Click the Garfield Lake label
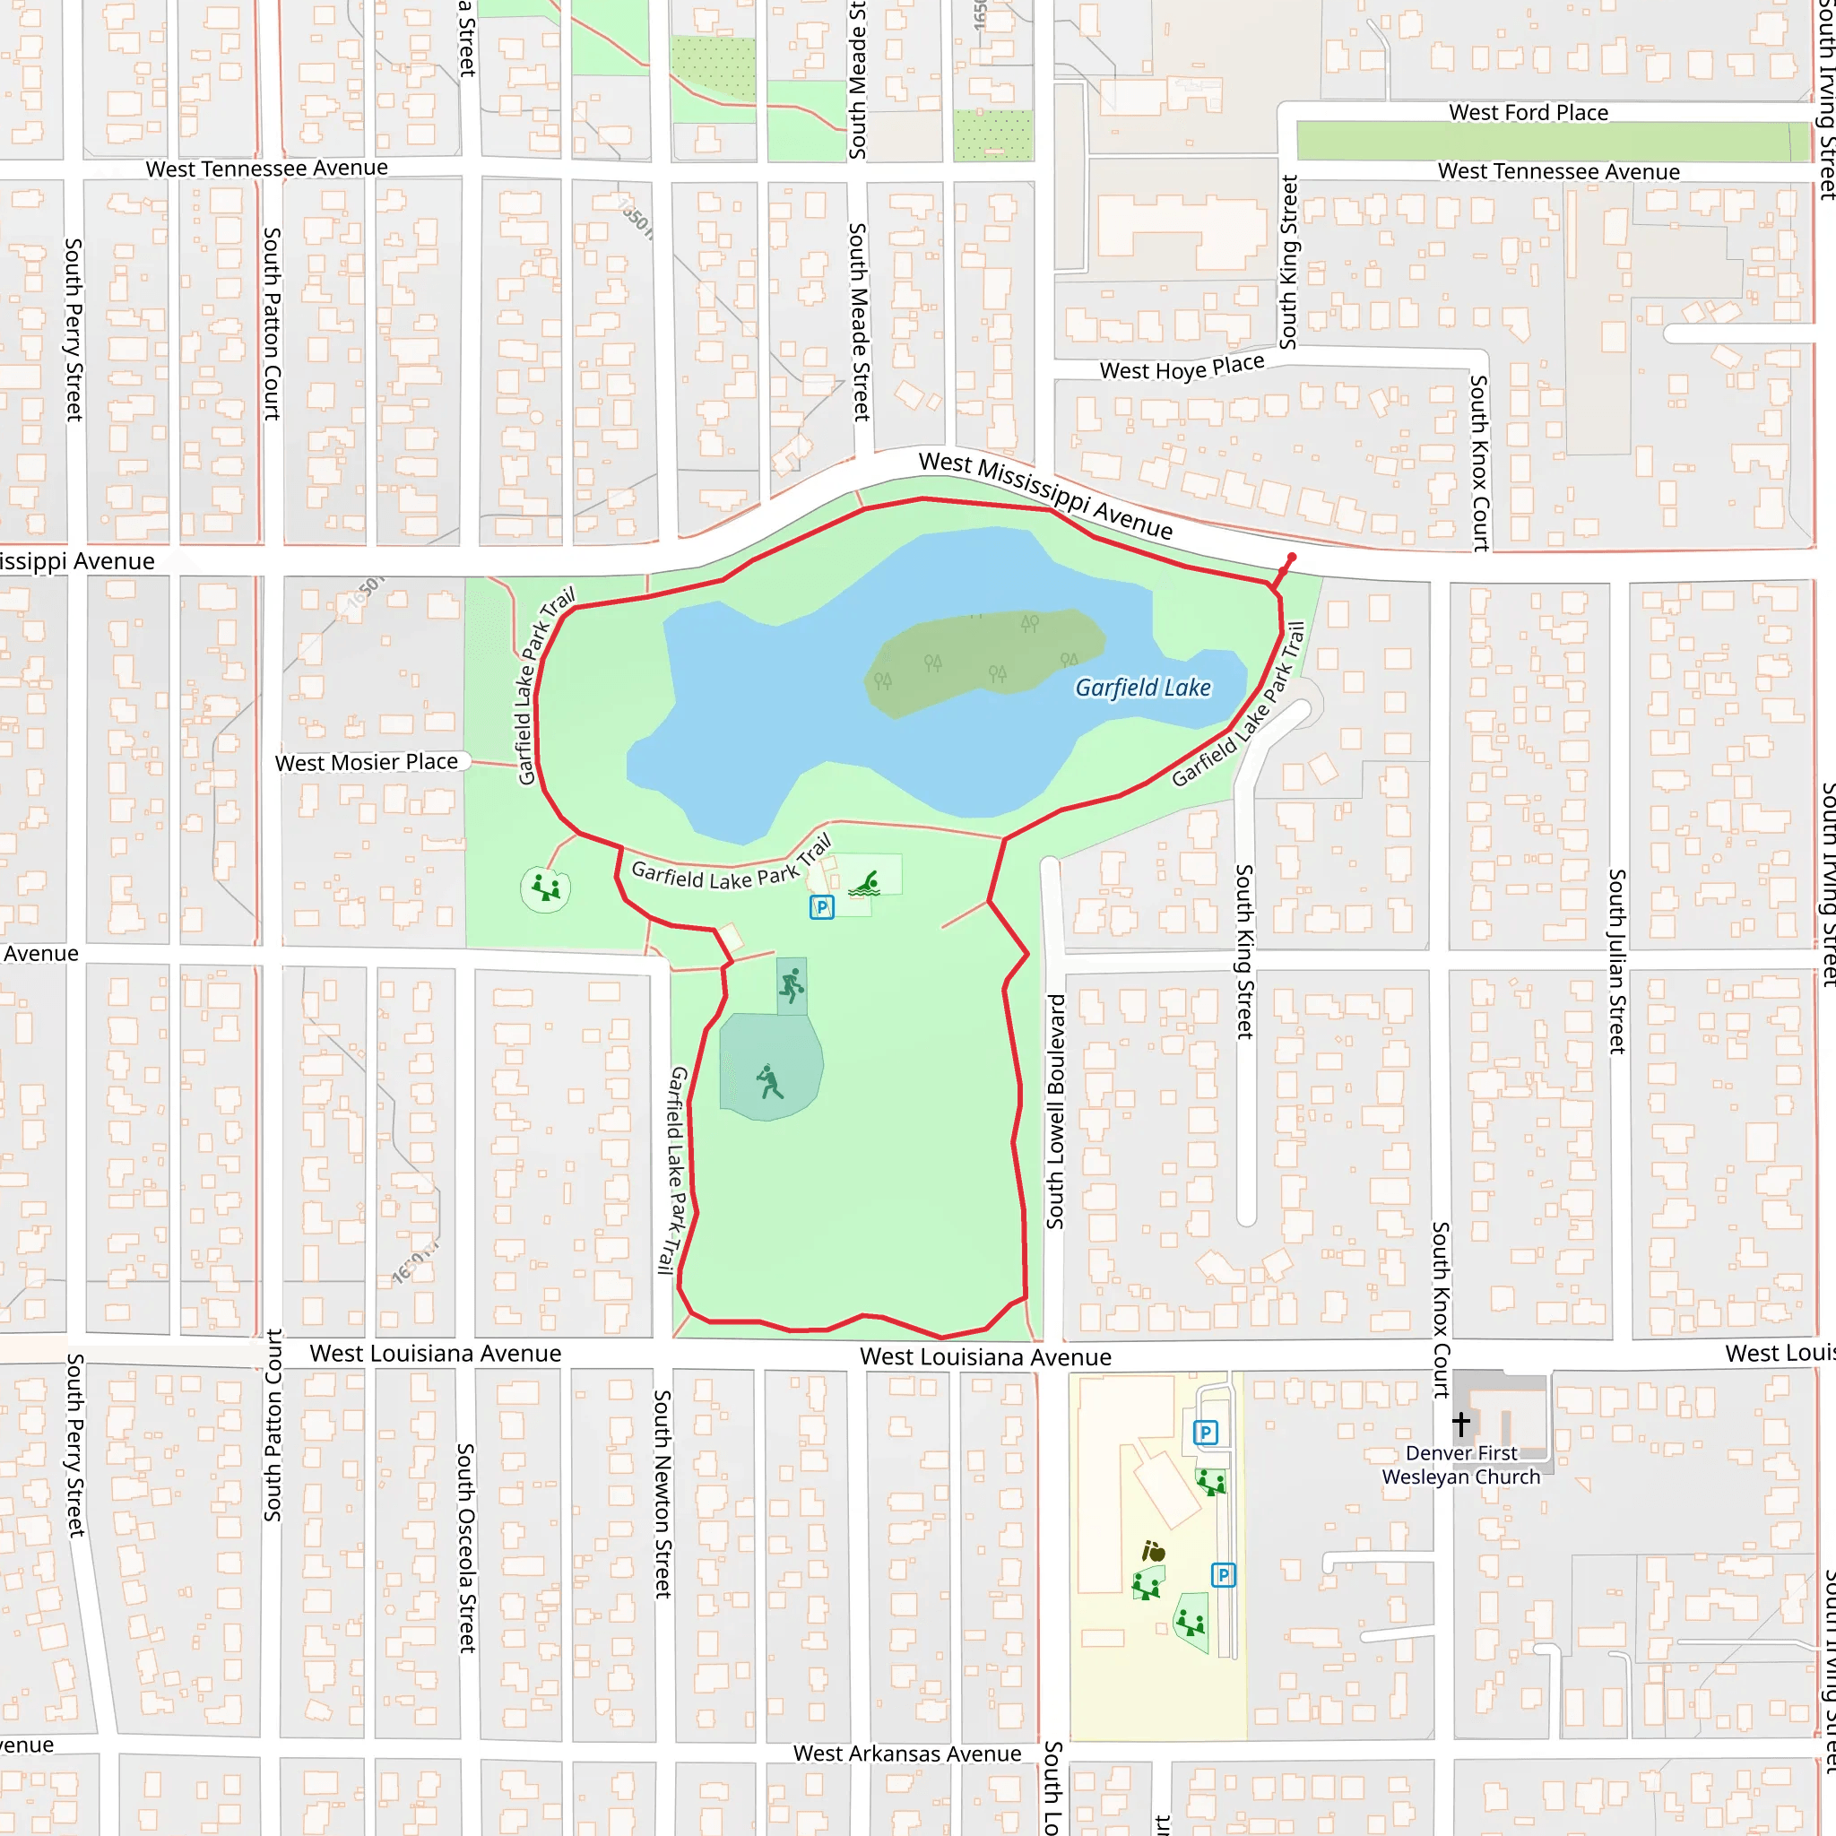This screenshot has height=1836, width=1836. tap(1142, 687)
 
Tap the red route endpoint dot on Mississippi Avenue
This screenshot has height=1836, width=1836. tap(1292, 558)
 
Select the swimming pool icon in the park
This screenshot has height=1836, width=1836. tap(865, 884)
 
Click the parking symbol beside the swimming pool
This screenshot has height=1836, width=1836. tap(822, 906)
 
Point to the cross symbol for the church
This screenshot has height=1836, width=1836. tap(1460, 1423)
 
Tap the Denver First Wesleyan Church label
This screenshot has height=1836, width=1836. tap(1460, 1465)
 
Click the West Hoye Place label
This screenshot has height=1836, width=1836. tap(1182, 368)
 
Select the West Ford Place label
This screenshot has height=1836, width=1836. tap(1529, 113)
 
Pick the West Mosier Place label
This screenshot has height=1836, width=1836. tap(366, 762)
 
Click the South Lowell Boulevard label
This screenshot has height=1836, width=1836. tap(1055, 1111)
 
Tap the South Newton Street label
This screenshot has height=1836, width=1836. tap(663, 1493)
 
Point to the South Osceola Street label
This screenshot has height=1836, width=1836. tap(465, 1547)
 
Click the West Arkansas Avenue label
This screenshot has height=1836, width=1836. tap(906, 1727)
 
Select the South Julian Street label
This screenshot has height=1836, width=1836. tap(1616, 961)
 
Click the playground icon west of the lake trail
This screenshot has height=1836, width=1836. tap(545, 888)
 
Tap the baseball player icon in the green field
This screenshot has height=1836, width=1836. tap(770, 1081)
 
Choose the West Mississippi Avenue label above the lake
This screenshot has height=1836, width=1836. tap(1045, 494)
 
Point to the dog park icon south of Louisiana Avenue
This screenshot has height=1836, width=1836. tap(1153, 1552)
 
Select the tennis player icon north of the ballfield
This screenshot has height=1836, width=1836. tap(792, 985)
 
